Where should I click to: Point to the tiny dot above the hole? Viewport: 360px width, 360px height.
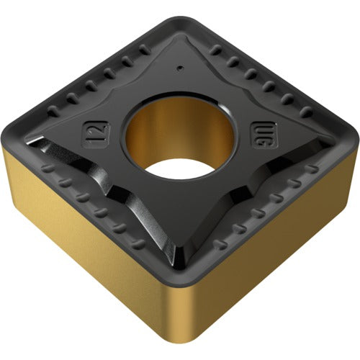tap(179, 69)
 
